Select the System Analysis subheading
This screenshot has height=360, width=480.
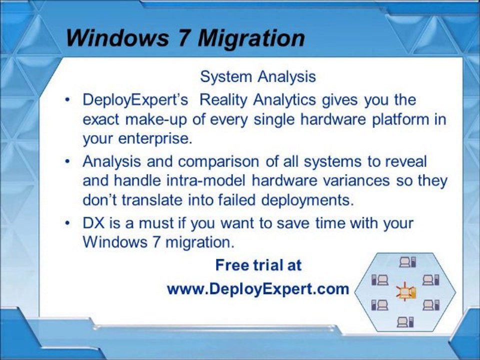click(258, 76)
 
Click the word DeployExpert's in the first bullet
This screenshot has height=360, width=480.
click(135, 99)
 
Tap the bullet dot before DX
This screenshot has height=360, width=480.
click(67, 223)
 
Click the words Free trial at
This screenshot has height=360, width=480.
click(258, 265)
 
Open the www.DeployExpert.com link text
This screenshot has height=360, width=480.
click(257, 288)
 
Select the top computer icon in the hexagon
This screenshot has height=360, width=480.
click(407, 261)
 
